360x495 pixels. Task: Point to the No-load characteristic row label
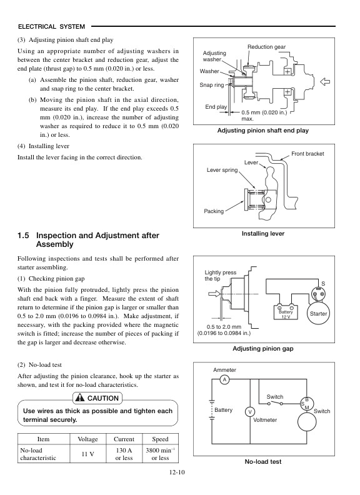39,454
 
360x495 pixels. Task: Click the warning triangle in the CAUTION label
79,398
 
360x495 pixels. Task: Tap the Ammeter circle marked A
224,380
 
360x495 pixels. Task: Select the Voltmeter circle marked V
249,412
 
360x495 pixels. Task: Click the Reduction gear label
266,47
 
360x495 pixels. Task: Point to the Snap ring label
211,85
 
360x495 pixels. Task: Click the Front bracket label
307,154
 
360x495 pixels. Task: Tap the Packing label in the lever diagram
214,211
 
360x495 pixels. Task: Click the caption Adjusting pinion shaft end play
262,131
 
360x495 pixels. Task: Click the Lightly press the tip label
221,276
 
